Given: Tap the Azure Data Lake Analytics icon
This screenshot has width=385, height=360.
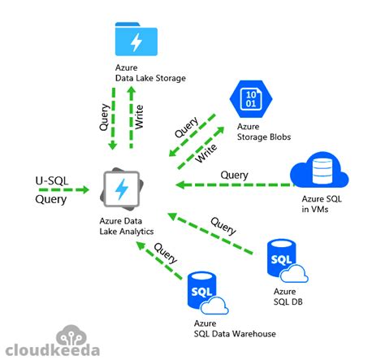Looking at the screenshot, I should (x=121, y=190).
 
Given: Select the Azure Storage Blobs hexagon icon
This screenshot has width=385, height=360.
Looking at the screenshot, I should (x=249, y=100).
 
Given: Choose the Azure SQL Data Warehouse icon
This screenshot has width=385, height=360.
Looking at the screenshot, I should (x=206, y=292).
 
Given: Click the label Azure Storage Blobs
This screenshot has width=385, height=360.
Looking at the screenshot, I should (x=263, y=132).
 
